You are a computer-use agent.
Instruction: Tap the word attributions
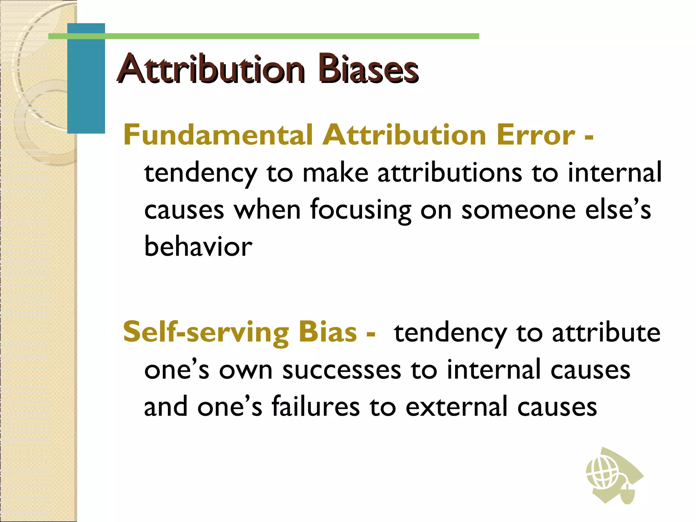point(450,173)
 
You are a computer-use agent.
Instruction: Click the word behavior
point(198,246)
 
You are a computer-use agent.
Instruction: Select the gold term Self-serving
point(206,332)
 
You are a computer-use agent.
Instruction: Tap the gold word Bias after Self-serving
point(328,332)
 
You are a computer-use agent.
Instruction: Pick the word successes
point(342,370)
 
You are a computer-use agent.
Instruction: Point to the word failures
point(315,406)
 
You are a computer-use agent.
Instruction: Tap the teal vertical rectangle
point(86,79)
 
